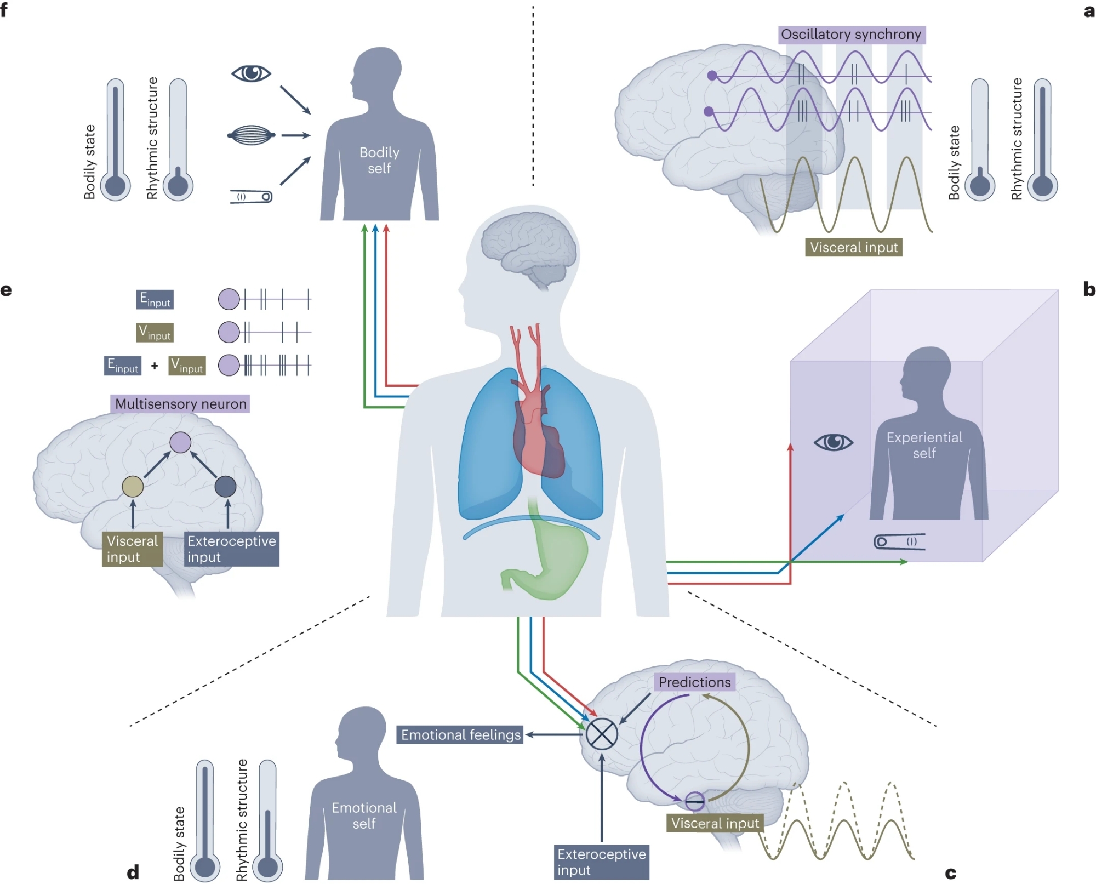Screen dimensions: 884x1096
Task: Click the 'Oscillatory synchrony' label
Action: [x=851, y=35]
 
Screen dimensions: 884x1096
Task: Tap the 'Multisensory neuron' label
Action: [x=180, y=404]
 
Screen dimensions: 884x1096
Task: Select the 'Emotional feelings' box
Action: [x=460, y=734]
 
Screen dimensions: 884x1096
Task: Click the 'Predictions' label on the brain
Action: [x=694, y=682]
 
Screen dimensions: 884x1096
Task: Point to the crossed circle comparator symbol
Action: [x=602, y=734]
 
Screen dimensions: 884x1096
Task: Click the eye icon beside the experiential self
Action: [x=834, y=442]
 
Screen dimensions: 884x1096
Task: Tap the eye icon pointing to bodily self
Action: [x=251, y=73]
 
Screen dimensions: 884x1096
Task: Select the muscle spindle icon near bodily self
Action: [x=251, y=135]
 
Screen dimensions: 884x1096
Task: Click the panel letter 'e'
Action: [x=6, y=290]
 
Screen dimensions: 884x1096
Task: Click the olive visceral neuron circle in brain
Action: [x=133, y=486]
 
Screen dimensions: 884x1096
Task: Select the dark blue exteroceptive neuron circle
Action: [x=225, y=486]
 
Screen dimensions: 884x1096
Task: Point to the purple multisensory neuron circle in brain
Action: [x=180, y=442]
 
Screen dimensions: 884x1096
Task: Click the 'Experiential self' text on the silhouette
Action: [x=924, y=445]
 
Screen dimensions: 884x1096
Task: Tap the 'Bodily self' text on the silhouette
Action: [x=379, y=160]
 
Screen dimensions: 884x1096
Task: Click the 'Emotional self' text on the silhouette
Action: [x=364, y=815]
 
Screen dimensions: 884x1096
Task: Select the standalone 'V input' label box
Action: [x=155, y=332]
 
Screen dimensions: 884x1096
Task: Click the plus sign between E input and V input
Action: [x=155, y=366]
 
